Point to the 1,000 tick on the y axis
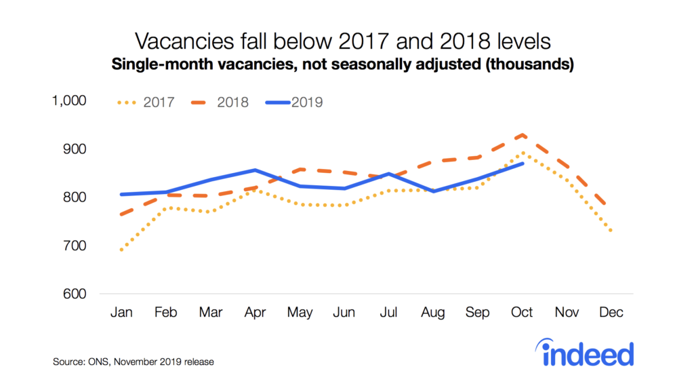[70, 100]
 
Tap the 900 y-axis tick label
[75, 149]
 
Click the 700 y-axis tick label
[75, 246]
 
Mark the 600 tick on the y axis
[75, 294]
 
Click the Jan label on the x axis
[122, 313]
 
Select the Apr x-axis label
[256, 313]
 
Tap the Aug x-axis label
[433, 313]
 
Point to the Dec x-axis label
[611, 313]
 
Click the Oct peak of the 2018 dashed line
[522, 135]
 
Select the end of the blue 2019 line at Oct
[522, 163]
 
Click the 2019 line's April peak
[256, 170]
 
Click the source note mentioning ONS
[134, 362]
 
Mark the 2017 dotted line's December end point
[611, 231]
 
